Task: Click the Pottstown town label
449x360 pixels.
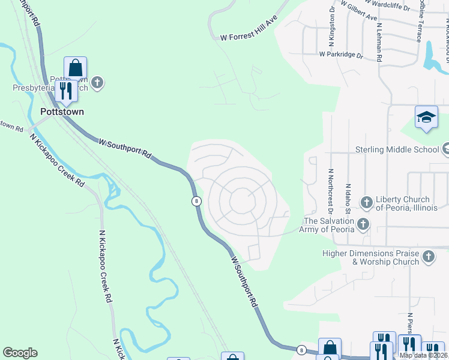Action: pos(62,112)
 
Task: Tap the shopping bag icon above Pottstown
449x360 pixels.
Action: pos(76,68)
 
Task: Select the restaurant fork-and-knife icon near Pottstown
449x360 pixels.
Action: pos(66,91)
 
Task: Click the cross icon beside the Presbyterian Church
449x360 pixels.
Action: pos(98,83)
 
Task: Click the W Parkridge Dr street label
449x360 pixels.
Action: pos(342,55)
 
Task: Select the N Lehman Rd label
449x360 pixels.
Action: pos(379,42)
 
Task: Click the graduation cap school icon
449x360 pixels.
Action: pos(426,117)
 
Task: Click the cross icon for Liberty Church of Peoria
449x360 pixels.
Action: pos(367,203)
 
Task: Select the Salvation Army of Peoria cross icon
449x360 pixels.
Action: pos(362,225)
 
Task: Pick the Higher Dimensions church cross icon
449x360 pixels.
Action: pos(428,257)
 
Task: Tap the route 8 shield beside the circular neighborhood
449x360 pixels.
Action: pos(196,201)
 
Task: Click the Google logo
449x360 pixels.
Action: pos(20,353)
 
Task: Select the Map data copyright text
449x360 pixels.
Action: pos(423,355)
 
